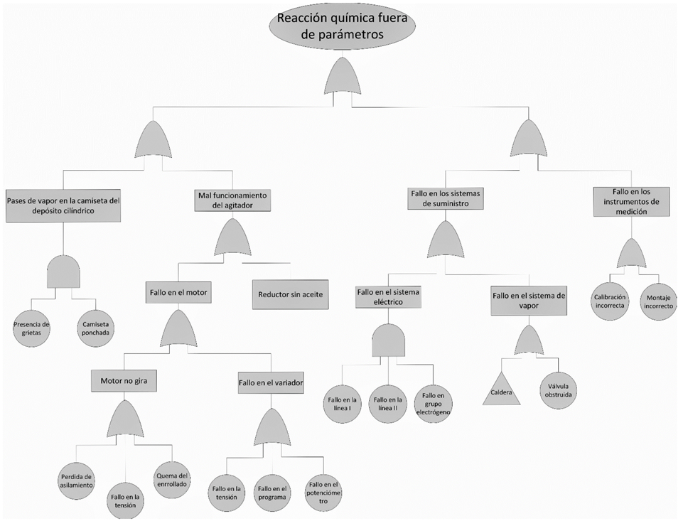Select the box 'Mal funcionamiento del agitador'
coord(231,200)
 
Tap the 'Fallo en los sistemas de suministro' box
coord(446,198)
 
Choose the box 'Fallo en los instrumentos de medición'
coord(630,201)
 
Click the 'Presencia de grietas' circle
coord(31,327)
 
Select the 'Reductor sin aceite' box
coord(291,294)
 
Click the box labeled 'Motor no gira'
coord(124,381)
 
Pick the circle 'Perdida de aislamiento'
coord(76,480)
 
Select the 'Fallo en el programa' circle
coord(272,493)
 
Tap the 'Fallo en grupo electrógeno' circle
coord(434,403)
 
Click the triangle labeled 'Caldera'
coord(501,392)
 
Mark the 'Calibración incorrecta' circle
coord(609,301)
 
